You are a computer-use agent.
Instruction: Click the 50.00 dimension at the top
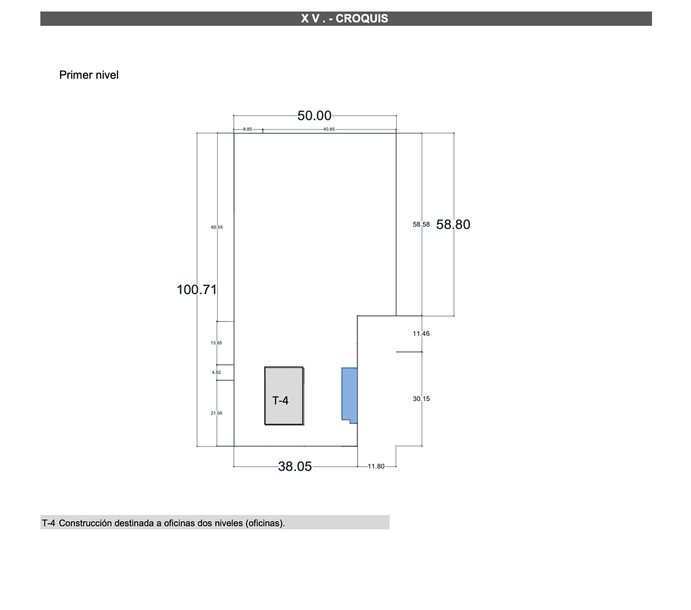coord(314,116)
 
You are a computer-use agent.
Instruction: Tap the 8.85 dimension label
coord(248,129)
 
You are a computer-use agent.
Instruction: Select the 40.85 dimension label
coord(329,129)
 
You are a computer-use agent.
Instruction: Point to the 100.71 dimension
coord(196,289)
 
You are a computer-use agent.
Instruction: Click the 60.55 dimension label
coord(217,227)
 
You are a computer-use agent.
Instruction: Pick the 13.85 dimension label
coord(217,342)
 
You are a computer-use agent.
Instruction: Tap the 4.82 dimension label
coord(217,372)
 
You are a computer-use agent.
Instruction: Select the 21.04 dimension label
coord(217,413)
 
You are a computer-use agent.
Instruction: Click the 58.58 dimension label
coord(421,224)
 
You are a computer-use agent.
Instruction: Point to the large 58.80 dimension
coord(453,224)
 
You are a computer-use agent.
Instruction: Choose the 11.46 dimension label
coord(421,333)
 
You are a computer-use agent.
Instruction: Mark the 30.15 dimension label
coord(421,399)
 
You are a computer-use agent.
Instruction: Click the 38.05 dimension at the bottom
coord(295,467)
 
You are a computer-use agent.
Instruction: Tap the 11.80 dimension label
coord(376,466)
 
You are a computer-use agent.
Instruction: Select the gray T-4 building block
coord(284,396)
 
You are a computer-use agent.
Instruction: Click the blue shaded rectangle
coord(350,395)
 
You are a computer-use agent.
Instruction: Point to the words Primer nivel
coord(89,75)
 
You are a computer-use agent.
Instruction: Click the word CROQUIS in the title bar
coord(362,18)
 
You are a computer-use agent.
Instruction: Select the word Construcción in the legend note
coord(85,523)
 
